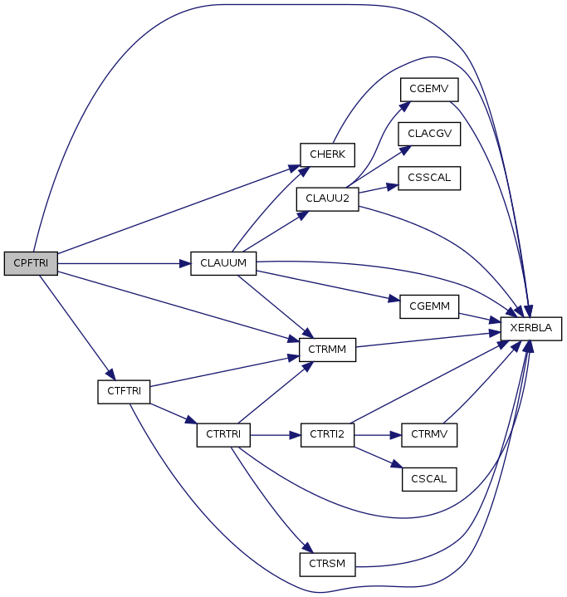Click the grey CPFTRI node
31,263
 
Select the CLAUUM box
223,263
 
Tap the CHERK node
327,154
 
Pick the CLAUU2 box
327,198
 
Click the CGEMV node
429,90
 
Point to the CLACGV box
429,134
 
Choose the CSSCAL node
429,178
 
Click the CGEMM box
429,306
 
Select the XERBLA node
530,329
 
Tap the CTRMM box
327,350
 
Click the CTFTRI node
124,391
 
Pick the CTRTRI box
223,435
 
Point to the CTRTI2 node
327,435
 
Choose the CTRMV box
429,435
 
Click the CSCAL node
429,479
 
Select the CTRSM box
327,565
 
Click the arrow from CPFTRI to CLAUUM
125,263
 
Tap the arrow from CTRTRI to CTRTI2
276,435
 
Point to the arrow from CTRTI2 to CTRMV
378,435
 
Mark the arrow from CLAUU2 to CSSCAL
379,188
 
